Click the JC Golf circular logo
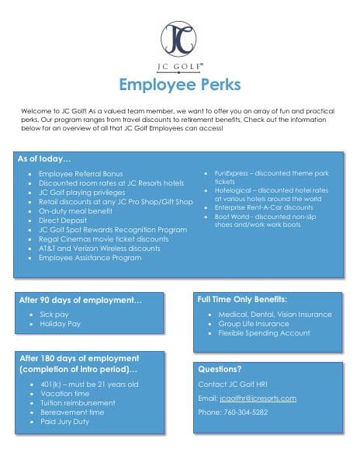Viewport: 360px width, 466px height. click(179, 37)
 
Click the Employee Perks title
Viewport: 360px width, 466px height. click(179, 84)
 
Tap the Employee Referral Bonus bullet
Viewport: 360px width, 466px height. click(81, 175)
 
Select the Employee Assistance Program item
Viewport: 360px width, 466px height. click(90, 257)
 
